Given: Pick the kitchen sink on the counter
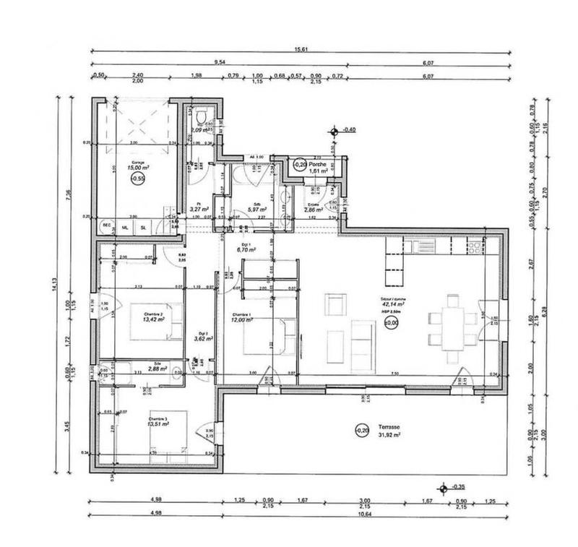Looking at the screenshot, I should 427,246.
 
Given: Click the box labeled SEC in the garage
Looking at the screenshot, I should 106,226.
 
